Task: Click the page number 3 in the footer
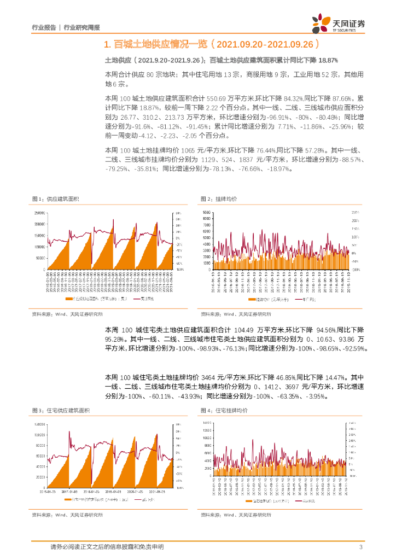360,547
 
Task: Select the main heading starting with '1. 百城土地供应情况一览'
211,44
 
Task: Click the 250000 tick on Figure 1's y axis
39,213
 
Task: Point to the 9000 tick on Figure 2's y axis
206,212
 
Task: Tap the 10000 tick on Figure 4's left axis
206,437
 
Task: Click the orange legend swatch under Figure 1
67,299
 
